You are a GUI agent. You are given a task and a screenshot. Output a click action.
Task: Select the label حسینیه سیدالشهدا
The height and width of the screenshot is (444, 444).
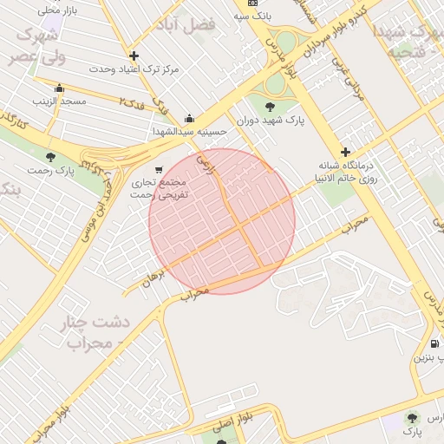tap(189, 131)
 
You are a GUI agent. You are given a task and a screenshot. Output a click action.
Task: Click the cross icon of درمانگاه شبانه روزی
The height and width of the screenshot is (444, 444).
tap(345, 152)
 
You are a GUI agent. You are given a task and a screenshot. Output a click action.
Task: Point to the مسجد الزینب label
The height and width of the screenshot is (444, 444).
tap(62, 101)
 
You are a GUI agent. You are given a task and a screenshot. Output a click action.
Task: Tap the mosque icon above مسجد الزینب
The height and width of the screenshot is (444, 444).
tap(59, 88)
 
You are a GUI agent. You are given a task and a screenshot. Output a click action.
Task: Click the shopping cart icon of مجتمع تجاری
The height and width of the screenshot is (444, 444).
tap(158, 170)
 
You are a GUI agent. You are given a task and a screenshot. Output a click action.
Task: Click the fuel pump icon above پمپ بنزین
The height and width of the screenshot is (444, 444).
tap(434, 343)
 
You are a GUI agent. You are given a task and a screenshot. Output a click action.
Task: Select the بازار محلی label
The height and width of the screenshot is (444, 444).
tap(59, 10)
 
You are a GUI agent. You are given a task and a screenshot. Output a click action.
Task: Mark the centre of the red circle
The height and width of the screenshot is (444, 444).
tap(222, 221)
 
